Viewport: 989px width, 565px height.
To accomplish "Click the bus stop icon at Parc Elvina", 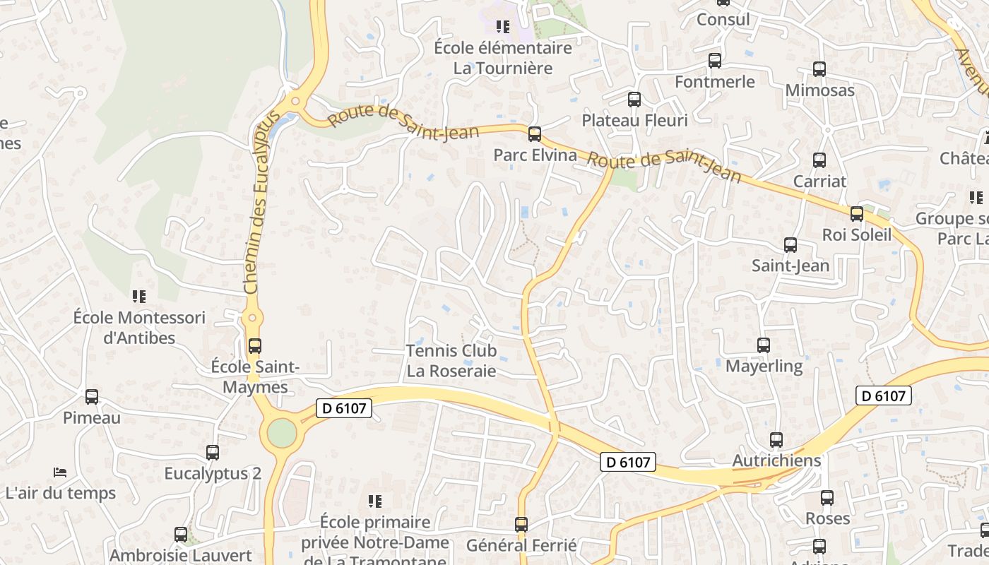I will point(535,133).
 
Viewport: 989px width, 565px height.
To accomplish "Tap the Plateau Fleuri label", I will point(634,120).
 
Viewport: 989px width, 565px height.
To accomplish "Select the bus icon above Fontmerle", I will point(715,61).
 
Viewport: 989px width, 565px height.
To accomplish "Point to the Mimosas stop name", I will point(819,90).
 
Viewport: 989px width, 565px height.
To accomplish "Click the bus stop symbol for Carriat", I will point(819,160).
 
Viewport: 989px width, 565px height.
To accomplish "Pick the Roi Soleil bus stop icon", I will point(857,213).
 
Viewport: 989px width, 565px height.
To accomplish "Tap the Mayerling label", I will point(764,367).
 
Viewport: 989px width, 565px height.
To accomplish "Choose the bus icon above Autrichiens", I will point(776,440).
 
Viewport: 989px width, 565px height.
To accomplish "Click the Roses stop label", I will point(827,518).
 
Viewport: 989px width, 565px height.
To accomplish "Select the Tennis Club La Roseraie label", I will point(451,360).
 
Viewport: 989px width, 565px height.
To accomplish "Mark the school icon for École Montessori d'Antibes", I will point(139,297).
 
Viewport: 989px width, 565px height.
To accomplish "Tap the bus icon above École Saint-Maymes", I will point(255,346).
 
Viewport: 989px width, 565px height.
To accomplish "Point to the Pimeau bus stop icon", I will point(92,397).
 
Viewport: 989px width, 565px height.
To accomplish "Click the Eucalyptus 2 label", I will point(213,473).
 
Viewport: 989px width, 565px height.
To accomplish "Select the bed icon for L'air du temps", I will point(60,472).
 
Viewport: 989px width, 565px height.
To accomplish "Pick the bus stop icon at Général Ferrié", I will point(521,525).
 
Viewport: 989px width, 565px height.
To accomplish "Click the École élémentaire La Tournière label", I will point(502,58).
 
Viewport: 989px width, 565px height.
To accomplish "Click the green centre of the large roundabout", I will point(282,433).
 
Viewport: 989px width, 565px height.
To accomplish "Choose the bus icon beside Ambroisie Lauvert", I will point(181,535).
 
